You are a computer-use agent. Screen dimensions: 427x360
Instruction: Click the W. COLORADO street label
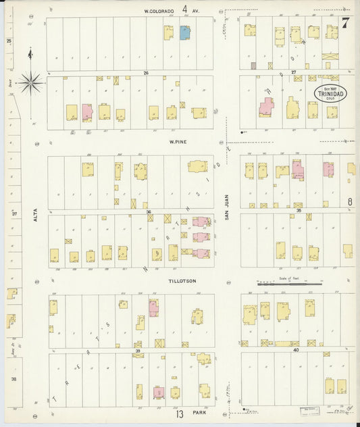[x=163, y=11]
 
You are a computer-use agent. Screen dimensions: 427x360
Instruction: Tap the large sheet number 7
[x=345, y=22]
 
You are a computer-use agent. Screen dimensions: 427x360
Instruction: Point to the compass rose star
[x=30, y=83]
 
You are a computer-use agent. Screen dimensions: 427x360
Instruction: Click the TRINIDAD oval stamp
[x=330, y=94]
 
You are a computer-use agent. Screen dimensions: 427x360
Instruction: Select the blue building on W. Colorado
[x=184, y=32]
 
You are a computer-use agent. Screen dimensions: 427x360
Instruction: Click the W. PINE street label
[x=178, y=143]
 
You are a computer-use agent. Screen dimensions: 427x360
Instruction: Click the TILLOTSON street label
[x=182, y=280]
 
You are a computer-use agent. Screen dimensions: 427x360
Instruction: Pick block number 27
[x=294, y=72]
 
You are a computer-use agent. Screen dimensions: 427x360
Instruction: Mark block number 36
[x=149, y=211]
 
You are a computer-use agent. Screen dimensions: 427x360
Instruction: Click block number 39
[x=138, y=351]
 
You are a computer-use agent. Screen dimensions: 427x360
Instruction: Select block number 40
[x=296, y=350]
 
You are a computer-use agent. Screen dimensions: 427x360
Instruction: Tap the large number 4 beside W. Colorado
[x=184, y=11]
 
